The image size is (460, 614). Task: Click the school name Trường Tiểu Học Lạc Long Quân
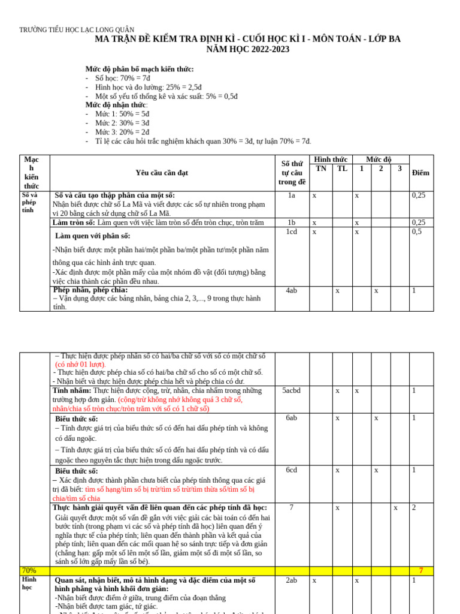pos(77,30)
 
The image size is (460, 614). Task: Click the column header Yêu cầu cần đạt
pos(162,173)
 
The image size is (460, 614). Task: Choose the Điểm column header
pos(420,173)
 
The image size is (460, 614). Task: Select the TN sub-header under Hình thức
pos(321,168)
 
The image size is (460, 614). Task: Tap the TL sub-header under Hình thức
pos(342,168)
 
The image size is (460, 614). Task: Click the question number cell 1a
pos(292,195)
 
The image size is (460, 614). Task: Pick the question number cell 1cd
pos(292,231)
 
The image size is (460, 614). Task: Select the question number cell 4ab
pos(292,290)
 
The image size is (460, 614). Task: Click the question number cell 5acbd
pos(292,390)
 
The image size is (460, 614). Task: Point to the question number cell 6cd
pos(292,470)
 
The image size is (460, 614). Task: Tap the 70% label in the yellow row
pos(29,570)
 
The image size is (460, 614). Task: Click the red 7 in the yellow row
pos(420,570)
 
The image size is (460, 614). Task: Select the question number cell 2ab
pos(292,580)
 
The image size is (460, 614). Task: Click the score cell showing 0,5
pos(417,231)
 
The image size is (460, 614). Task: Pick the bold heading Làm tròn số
pos(74,222)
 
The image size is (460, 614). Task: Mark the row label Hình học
pos(29,583)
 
